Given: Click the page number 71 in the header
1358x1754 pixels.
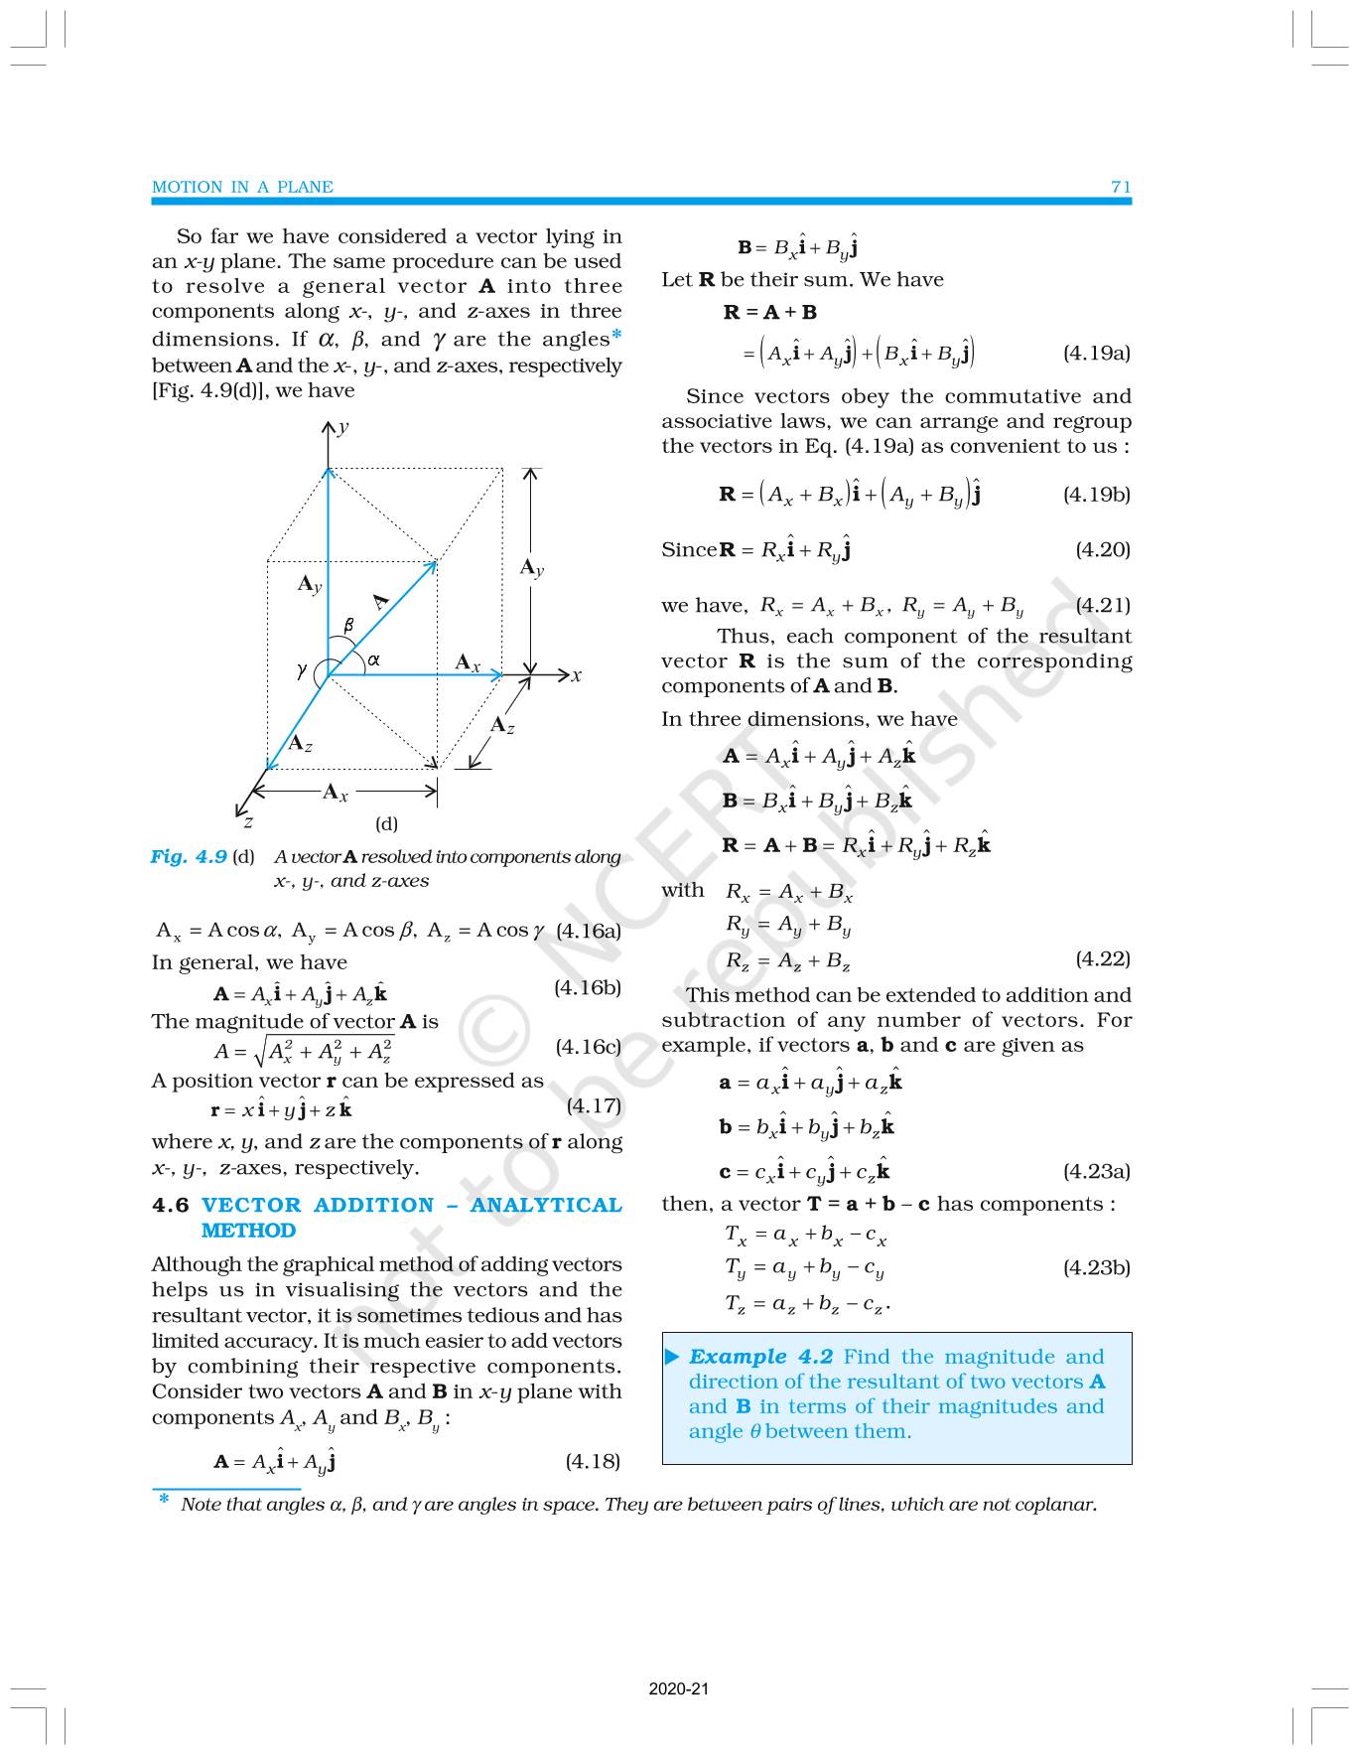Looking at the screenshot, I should [1121, 187].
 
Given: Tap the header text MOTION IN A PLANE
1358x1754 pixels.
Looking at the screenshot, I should [242, 187].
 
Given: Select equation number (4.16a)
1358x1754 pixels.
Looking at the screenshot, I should [589, 931].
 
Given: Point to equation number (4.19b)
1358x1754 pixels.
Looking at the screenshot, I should [1096, 494].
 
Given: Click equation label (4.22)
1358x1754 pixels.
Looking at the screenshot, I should [1102, 958].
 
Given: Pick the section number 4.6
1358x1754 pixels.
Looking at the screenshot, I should [170, 1205].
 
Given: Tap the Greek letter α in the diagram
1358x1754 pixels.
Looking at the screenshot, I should [373, 658].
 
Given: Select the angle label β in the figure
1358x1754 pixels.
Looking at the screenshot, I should [348, 625].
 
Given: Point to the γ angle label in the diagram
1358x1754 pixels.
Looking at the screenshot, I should [302, 670].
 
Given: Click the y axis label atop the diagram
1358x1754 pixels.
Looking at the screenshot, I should [343, 427].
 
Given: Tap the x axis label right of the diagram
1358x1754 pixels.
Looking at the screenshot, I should [576, 675].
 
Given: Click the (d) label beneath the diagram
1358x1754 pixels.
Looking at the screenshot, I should [386, 823].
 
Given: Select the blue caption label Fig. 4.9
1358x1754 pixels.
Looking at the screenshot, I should [189, 856].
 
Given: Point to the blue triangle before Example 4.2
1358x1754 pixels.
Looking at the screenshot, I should [673, 1357].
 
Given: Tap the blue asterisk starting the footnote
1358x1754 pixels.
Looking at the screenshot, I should [164, 1500].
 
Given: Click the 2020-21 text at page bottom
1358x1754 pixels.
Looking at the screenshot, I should [679, 1688].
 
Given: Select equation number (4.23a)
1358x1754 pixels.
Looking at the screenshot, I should [1096, 1171].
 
